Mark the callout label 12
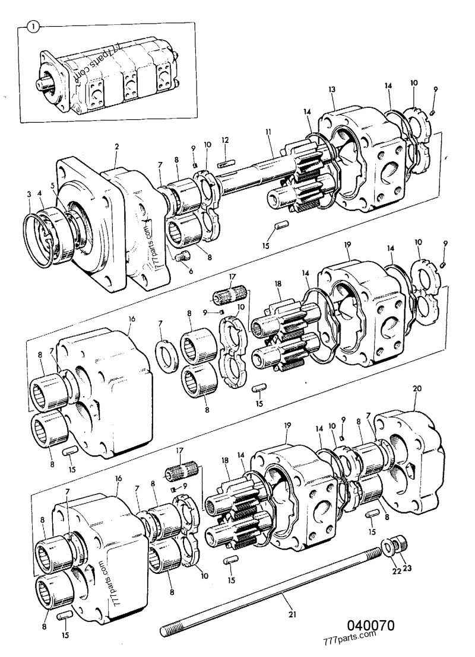(x=224, y=140)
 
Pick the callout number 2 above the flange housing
(x=117, y=146)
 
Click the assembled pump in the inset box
(x=107, y=77)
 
